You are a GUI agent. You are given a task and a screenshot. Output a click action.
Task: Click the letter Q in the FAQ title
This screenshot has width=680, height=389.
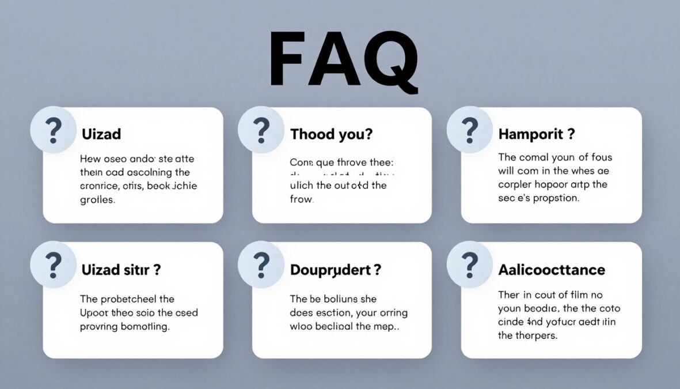click(x=390, y=63)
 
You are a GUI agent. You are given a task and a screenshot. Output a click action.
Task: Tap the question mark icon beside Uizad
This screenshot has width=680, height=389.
click(x=54, y=130)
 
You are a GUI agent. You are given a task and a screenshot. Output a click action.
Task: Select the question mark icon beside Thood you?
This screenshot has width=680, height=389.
click(x=261, y=130)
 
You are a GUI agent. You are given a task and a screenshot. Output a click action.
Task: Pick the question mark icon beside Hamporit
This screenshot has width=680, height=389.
click(x=470, y=130)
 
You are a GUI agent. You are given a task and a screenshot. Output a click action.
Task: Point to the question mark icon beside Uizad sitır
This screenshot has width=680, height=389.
click(x=54, y=265)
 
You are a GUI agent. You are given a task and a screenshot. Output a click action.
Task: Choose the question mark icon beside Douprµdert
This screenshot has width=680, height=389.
click(x=261, y=265)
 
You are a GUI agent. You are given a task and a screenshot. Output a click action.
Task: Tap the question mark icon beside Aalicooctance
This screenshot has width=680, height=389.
click(x=470, y=265)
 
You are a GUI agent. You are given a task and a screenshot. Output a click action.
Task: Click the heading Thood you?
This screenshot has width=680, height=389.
click(x=331, y=134)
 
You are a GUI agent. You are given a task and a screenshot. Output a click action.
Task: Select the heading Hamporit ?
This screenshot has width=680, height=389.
click(x=536, y=134)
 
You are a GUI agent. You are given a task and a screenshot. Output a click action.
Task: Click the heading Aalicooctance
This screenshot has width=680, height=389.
click(x=552, y=270)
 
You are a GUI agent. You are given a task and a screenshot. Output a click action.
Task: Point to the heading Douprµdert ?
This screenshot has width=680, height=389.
click(x=336, y=270)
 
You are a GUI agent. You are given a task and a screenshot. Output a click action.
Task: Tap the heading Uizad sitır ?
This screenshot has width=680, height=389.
click(x=121, y=270)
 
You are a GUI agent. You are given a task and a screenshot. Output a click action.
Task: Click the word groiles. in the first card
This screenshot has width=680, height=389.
click(x=97, y=200)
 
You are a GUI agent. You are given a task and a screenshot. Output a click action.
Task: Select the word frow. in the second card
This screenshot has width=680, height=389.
click(x=301, y=199)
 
